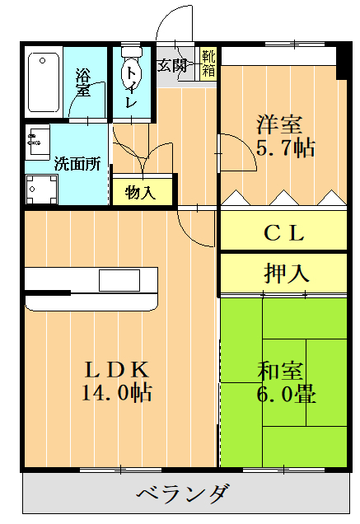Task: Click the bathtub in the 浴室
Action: [44, 82]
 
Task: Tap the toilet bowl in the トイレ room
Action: [130, 74]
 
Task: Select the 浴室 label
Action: [83, 82]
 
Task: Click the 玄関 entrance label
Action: [172, 65]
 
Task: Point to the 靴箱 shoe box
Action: [208, 63]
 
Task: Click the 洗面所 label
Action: [77, 163]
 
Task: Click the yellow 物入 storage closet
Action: [141, 192]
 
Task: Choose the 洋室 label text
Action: [278, 126]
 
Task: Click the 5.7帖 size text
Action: [285, 148]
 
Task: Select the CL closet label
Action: [284, 232]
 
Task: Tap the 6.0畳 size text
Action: [285, 393]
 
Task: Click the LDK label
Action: [115, 368]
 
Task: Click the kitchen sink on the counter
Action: [119, 280]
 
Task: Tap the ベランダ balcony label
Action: [181, 495]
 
